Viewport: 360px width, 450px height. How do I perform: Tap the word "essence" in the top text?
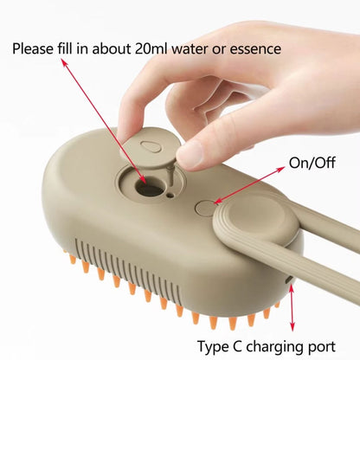pyautogui.click(x=253, y=48)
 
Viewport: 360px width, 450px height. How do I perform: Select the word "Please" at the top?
pyautogui.click(x=35, y=48)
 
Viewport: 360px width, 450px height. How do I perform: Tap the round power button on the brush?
pyautogui.click(x=206, y=208)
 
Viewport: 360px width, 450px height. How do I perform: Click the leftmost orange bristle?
pyautogui.click(x=68, y=256)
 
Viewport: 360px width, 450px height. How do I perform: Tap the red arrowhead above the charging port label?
pyautogui.click(x=292, y=326)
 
